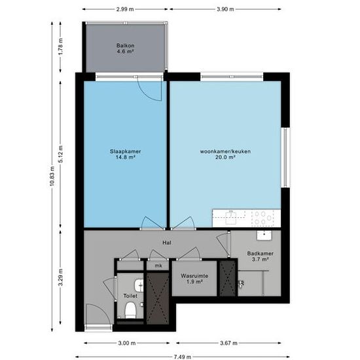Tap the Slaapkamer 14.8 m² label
[125, 154]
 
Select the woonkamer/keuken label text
[225, 151]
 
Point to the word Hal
[167, 243]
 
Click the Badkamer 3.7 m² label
[260, 257]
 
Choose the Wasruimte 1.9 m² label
[194, 279]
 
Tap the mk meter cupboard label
[158, 266]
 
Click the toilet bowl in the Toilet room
[130, 310]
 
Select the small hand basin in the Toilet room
[139, 285]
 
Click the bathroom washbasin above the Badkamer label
[264, 236]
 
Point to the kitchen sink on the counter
[231, 217]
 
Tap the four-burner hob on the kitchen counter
[263, 218]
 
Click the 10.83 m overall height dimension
[52, 177]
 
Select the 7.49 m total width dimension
[183, 357]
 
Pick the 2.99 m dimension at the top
[125, 9]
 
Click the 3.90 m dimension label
[225, 9]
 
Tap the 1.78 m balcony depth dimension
[60, 47]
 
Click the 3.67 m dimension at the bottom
[228, 343]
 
